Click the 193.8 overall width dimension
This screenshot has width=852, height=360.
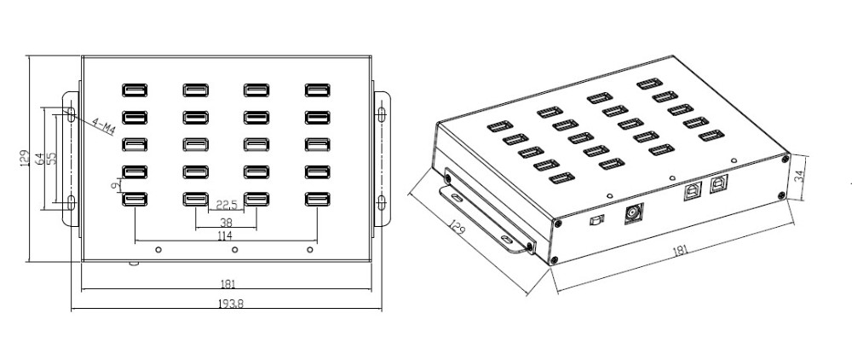(227, 304)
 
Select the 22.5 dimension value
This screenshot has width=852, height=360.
(226, 204)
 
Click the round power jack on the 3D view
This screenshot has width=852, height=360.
(633, 214)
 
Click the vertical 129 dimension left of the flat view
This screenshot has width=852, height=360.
(26, 157)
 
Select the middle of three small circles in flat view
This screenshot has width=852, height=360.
(234, 249)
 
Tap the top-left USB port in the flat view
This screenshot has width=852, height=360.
(135, 90)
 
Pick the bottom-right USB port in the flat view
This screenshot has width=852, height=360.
(319, 200)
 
